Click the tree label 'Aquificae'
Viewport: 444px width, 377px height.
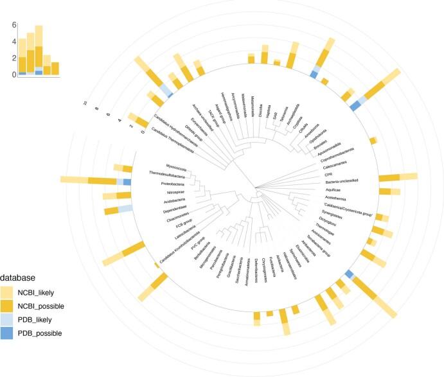tap(333, 191)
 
